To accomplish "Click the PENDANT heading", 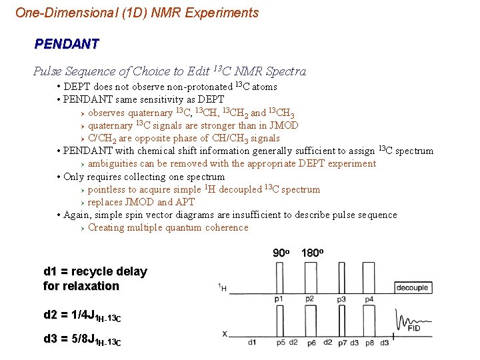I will (x=67, y=45).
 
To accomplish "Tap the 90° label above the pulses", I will (x=281, y=253).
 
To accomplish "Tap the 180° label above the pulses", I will (x=312, y=253).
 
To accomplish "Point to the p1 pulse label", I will (x=279, y=299).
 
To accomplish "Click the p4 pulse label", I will (x=369, y=299).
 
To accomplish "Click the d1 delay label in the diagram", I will (x=252, y=343).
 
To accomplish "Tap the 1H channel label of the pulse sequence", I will (x=223, y=287).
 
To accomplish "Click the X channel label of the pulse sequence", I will (x=225, y=333).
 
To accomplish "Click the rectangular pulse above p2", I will (x=311, y=277).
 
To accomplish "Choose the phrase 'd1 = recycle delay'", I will (x=95, y=271).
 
